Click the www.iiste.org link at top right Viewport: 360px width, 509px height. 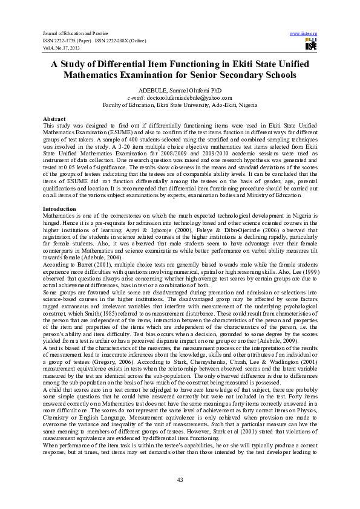(x=304, y=33)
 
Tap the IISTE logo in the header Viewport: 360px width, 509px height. (x=311, y=44)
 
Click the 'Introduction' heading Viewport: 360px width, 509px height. (x=59, y=209)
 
